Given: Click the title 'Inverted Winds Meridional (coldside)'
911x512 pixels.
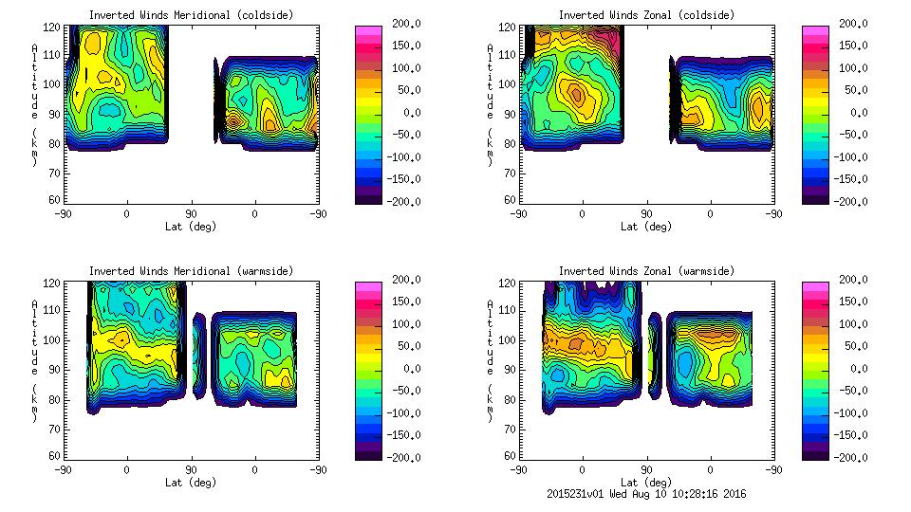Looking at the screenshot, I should pos(191,15).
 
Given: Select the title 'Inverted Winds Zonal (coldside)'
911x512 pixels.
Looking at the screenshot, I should pos(646,15).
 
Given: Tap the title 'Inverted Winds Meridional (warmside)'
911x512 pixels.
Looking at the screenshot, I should pos(191,271).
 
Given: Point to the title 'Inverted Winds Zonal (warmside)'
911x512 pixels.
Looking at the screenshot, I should pos(646,271).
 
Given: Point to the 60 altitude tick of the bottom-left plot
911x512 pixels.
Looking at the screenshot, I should pos(54,456).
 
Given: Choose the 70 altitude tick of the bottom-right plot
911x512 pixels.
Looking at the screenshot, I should pos(509,429).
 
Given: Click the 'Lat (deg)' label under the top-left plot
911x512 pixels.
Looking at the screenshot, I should pos(191,227).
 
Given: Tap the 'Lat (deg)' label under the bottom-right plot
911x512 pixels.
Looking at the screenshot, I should pos(646,483).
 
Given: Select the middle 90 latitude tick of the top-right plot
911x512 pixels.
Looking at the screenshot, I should pos(646,214).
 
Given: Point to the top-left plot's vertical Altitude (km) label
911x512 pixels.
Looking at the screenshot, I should pos(34,104).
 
